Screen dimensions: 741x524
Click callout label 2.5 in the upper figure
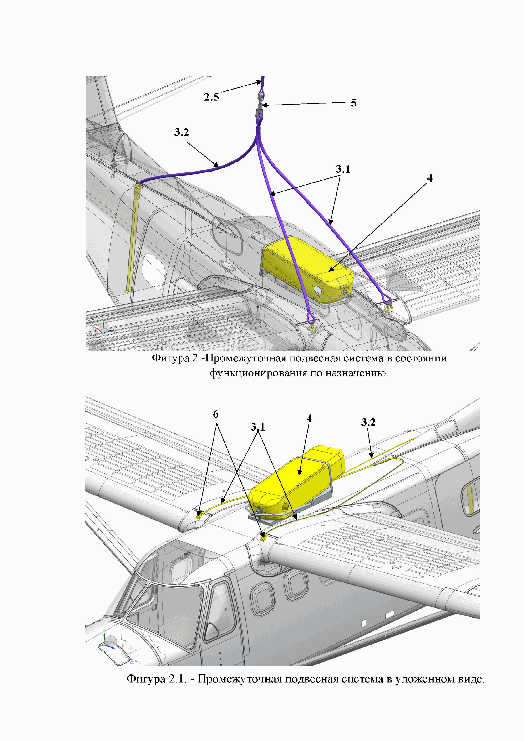[212, 97]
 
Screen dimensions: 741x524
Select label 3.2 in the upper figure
[181, 132]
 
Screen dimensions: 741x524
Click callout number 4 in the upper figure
[430, 178]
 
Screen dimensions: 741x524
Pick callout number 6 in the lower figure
[216, 414]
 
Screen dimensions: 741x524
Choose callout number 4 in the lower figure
[309, 419]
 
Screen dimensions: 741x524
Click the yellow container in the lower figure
[300, 478]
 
